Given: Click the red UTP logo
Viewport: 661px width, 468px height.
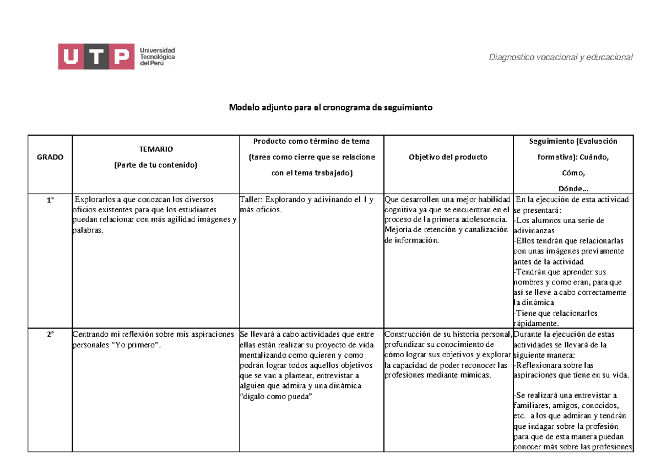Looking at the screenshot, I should [x=96, y=57].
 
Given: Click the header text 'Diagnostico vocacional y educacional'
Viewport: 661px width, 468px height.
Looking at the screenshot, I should [x=561, y=57].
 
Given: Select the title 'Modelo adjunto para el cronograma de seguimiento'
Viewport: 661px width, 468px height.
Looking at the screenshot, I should [x=330, y=107].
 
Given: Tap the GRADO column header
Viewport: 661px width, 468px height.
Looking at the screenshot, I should [x=50, y=157].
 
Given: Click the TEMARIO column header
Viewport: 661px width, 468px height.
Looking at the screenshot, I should [x=155, y=149].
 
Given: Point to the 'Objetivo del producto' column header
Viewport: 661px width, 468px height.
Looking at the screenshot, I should [x=448, y=157].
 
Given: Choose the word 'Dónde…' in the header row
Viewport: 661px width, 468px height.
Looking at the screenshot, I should [x=573, y=189].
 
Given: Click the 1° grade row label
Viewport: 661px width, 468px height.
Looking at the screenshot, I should [x=50, y=200].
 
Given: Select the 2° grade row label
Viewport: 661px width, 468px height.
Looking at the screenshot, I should [x=50, y=334].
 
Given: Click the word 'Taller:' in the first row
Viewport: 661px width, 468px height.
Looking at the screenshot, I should [x=252, y=200].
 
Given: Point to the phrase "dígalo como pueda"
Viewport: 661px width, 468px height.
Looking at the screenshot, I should [x=276, y=396].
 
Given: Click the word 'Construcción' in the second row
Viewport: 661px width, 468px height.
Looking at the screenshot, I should [x=407, y=334].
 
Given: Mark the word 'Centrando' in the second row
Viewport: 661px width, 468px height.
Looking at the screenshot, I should [x=91, y=334].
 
